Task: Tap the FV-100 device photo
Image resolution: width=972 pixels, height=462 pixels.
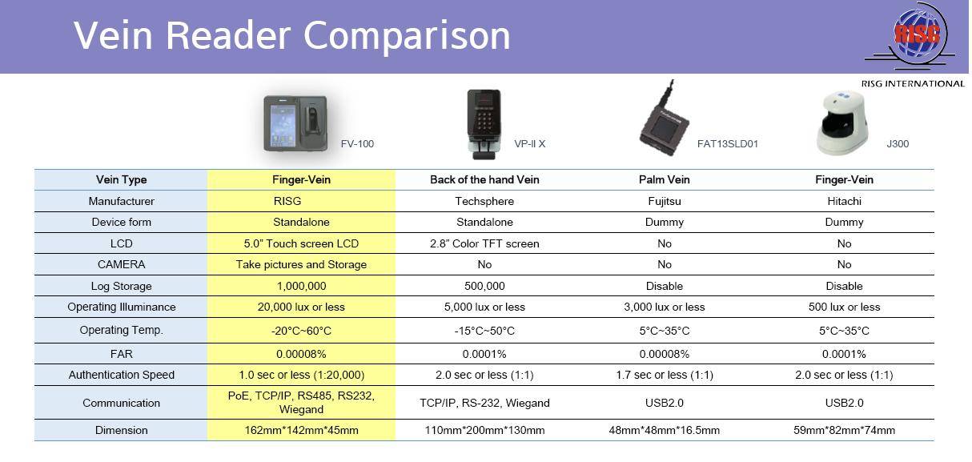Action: pyautogui.click(x=295, y=123)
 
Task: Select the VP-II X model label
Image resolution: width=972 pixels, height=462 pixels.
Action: pyautogui.click(x=529, y=144)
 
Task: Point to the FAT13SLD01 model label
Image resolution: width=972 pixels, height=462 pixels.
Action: pyautogui.click(x=727, y=144)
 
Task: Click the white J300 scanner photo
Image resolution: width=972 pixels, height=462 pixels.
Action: pyautogui.click(x=842, y=123)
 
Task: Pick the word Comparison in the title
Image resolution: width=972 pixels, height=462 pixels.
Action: pyautogui.click(x=407, y=36)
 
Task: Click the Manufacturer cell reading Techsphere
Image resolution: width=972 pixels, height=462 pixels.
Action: pyautogui.click(x=484, y=201)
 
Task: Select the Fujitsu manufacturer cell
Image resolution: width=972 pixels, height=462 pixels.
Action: pyautogui.click(x=665, y=201)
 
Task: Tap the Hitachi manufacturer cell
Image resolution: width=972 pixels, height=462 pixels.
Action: pyautogui.click(x=844, y=201)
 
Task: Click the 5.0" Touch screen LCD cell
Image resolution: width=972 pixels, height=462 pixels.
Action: pyautogui.click(x=301, y=243)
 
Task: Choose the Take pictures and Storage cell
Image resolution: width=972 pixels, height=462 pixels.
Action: pyautogui.click(x=301, y=264)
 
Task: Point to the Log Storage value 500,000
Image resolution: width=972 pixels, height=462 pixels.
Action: pyautogui.click(x=484, y=287)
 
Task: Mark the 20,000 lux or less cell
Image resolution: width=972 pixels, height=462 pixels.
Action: pyautogui.click(x=301, y=307)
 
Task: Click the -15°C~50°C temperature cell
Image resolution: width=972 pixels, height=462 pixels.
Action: pyautogui.click(x=484, y=331)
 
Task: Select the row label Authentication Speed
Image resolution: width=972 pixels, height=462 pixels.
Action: pyautogui.click(x=122, y=375)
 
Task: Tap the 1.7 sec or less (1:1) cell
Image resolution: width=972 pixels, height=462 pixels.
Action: pyautogui.click(x=665, y=375)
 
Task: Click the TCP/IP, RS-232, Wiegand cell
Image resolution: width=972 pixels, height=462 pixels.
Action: pyautogui.click(x=484, y=403)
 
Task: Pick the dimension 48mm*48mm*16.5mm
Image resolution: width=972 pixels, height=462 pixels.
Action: pyautogui.click(x=665, y=430)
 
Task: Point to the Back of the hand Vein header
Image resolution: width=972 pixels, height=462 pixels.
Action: pyautogui.click(x=484, y=179)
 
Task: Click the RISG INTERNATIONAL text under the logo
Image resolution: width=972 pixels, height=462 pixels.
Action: pyautogui.click(x=913, y=84)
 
